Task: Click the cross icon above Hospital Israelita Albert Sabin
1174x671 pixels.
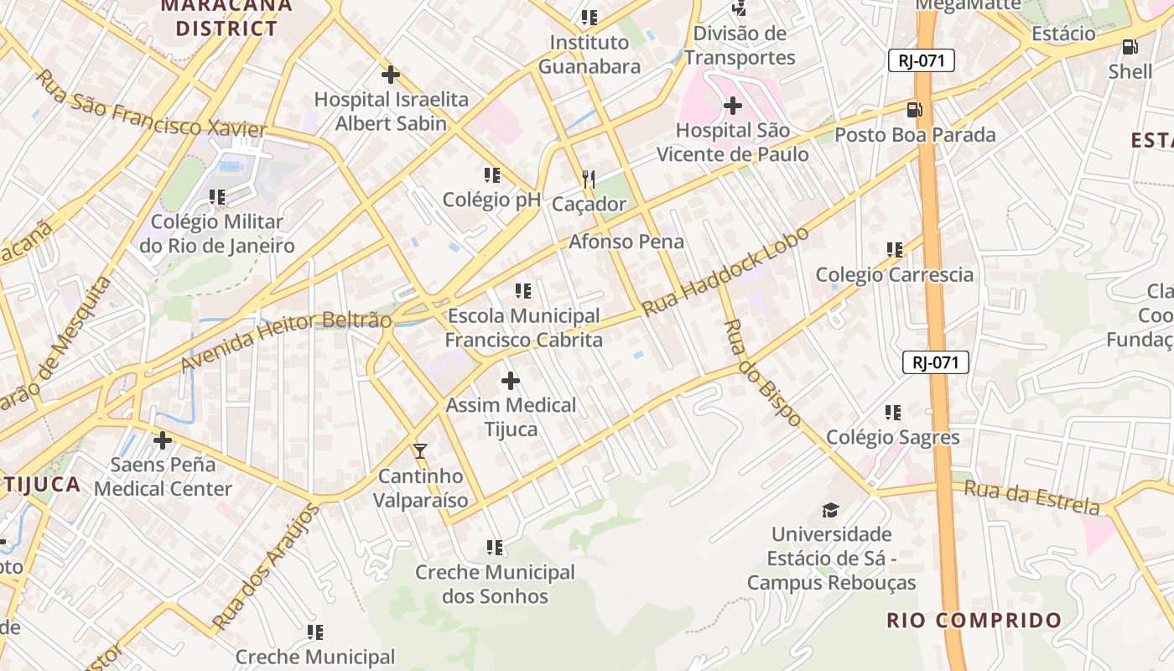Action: [390, 75]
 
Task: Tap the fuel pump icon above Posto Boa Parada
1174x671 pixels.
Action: [914, 109]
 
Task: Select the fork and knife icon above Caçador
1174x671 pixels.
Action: [589, 179]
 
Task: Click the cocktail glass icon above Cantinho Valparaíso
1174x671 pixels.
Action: [420, 450]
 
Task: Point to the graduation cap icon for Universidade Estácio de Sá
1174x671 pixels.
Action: [830, 509]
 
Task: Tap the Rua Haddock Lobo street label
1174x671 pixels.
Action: [725, 271]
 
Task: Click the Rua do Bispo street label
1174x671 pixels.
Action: [762, 372]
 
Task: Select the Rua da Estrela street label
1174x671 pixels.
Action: [1031, 497]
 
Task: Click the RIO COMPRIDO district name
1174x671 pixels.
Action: [974, 621]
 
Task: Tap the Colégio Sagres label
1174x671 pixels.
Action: [893, 437]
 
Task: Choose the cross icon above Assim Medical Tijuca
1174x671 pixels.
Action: [510, 381]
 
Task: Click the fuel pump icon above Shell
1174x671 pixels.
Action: [1130, 47]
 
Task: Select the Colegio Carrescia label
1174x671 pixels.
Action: [895, 274]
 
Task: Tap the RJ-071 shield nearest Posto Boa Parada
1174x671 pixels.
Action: [922, 60]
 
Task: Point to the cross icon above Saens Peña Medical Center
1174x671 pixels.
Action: [163, 440]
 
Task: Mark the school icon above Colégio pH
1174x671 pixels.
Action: [492, 175]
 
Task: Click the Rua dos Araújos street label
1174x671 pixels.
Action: [266, 567]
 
